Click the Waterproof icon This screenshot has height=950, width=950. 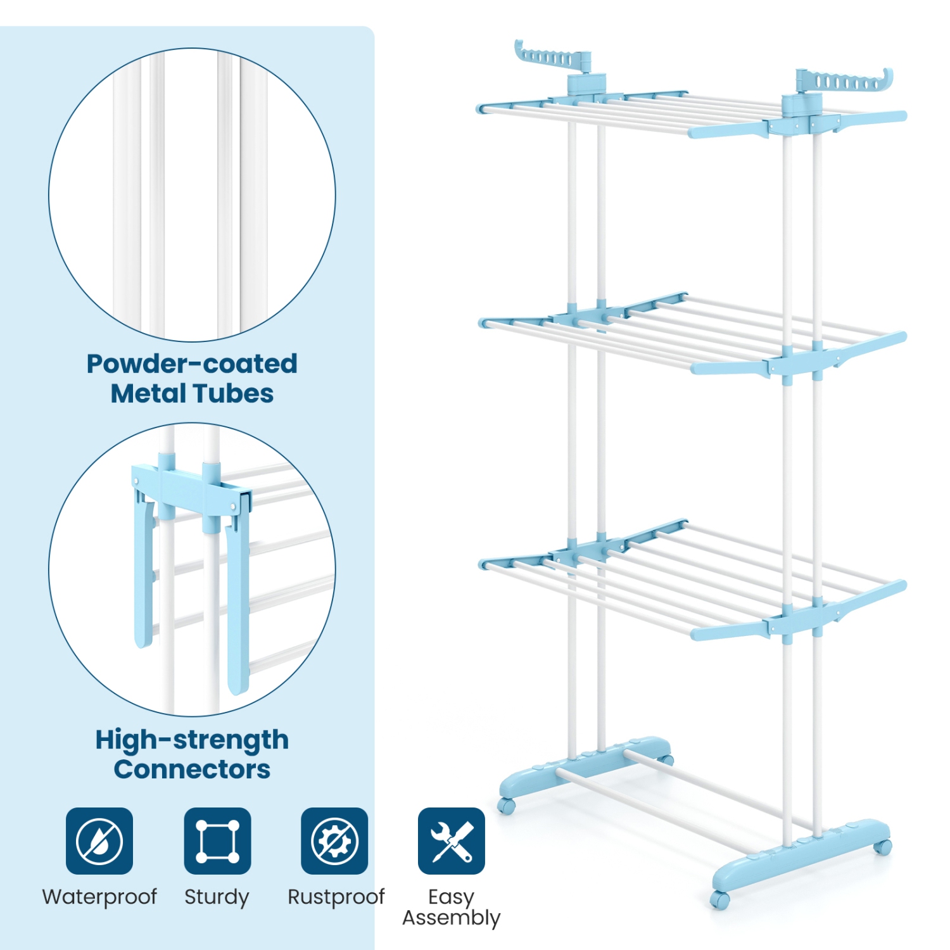point(99,841)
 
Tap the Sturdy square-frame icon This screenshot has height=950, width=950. point(217,841)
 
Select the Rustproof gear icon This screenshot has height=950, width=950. point(334,841)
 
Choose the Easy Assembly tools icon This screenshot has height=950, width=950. point(451,841)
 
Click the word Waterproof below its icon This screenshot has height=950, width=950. point(99,897)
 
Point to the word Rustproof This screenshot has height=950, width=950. point(336,897)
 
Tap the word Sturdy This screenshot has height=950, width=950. point(217,897)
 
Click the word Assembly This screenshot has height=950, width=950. point(451,918)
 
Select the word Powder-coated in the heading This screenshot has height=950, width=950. point(191,364)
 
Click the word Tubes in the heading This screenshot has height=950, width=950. point(239,393)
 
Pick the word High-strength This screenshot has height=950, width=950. point(191,740)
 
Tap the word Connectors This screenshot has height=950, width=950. point(191,769)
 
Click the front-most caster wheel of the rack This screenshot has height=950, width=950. point(719,899)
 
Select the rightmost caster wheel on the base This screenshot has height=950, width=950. point(882,846)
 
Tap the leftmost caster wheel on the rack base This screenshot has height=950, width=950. point(506,806)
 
